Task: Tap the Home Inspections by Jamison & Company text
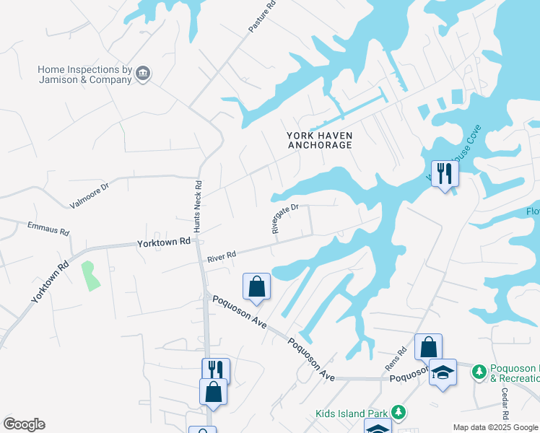[x=85, y=74]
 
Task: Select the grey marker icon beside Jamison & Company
[x=143, y=73]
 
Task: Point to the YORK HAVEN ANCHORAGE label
[x=320, y=140]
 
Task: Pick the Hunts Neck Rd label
[x=198, y=205]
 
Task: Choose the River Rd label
[x=222, y=255]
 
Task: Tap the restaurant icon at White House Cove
[x=445, y=174]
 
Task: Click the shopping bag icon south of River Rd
[x=256, y=287]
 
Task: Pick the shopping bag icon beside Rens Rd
[x=428, y=347]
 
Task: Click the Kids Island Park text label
[x=352, y=414]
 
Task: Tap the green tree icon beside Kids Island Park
[x=396, y=414]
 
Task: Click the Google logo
[x=24, y=424]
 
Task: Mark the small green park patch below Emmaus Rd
[x=90, y=276]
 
